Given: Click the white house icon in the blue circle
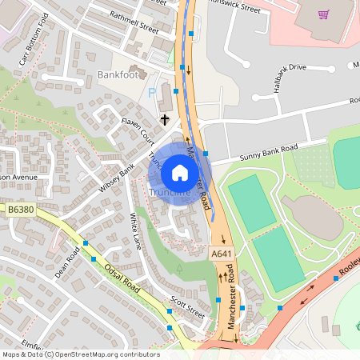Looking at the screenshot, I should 180,173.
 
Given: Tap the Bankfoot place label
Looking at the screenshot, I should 117,74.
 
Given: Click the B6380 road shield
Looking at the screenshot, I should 22,210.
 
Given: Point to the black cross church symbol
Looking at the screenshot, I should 165,119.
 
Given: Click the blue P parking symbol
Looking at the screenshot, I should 152,93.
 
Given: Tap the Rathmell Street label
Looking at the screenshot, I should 135,25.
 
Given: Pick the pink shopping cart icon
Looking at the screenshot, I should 323,14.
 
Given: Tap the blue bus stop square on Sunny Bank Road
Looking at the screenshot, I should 206,152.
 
